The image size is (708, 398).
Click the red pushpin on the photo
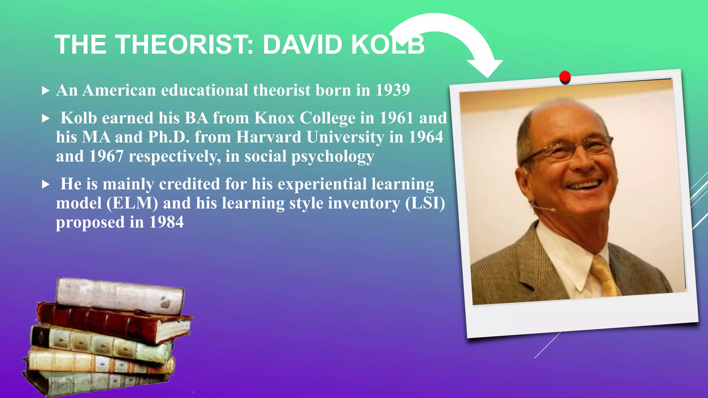(565, 76)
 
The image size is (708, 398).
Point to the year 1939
(393, 90)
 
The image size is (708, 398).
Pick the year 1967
(106, 156)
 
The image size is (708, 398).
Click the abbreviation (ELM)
(132, 203)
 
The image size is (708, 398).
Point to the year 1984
(166, 222)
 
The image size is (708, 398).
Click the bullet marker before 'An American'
(45, 91)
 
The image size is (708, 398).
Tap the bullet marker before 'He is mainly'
(45, 184)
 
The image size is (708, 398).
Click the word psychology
(333, 157)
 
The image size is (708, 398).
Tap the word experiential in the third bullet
(322, 184)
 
